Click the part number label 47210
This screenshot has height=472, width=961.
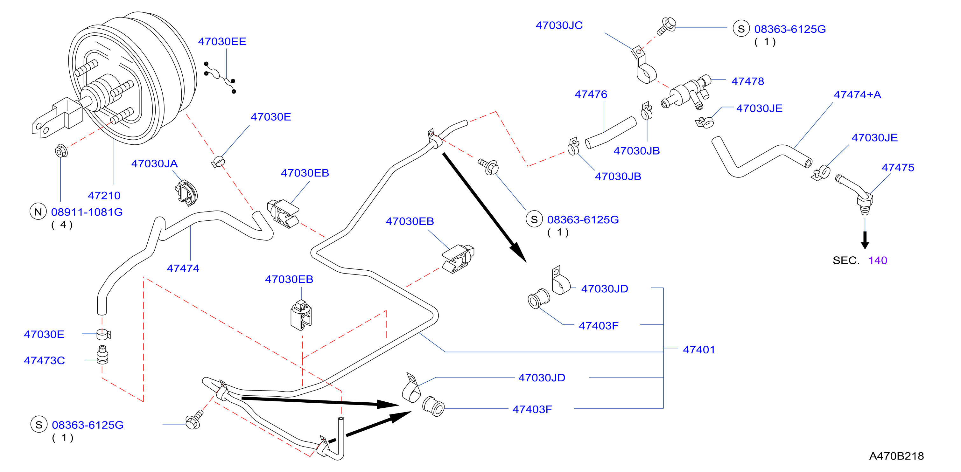tap(104, 195)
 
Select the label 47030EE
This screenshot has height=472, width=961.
tap(222, 41)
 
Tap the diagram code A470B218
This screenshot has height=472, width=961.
tap(896, 456)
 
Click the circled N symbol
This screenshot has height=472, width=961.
tap(38, 212)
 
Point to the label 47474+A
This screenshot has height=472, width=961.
tap(857, 95)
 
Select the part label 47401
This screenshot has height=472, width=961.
tap(699, 350)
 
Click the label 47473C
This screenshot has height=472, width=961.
tap(45, 361)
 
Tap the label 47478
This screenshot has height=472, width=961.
tap(747, 81)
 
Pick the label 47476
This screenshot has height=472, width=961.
tap(591, 94)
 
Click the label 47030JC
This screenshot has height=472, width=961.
tap(559, 25)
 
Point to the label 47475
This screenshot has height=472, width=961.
tap(898, 167)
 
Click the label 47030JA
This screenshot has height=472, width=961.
tap(154, 164)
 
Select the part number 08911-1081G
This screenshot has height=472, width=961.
tap(87, 212)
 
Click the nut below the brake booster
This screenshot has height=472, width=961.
tap(61, 151)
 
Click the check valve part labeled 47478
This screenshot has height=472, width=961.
tap(686, 93)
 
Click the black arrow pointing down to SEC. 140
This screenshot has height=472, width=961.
tap(865, 240)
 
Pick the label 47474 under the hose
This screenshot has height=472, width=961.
tap(183, 268)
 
